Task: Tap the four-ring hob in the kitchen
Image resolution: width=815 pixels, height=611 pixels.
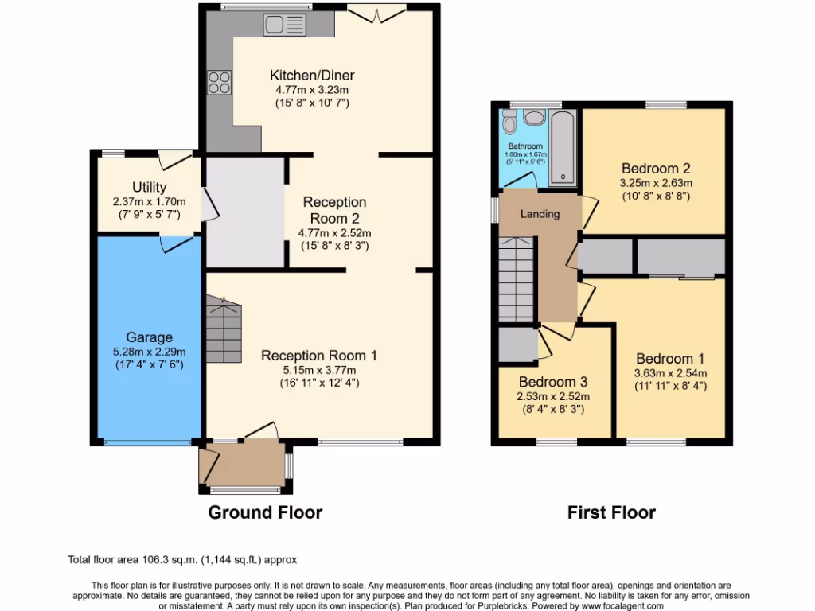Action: click(x=219, y=82)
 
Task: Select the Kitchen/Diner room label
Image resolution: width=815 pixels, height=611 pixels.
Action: click(x=312, y=76)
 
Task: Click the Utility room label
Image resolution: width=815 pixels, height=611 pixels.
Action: click(x=149, y=187)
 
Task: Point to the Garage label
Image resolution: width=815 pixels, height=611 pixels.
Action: click(x=148, y=337)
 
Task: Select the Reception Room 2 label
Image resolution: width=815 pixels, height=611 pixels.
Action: click(x=334, y=210)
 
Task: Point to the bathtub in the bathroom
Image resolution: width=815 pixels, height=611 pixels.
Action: click(x=563, y=147)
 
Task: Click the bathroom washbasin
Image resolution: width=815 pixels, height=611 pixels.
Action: click(x=534, y=119)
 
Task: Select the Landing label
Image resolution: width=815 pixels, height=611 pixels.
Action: click(x=540, y=213)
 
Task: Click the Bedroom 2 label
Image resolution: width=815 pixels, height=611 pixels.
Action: click(x=655, y=169)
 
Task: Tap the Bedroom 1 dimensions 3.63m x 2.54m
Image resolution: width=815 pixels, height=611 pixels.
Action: click(x=670, y=372)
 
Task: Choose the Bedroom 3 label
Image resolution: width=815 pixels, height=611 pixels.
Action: click(x=552, y=382)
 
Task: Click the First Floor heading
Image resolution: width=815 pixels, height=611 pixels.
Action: click(x=611, y=512)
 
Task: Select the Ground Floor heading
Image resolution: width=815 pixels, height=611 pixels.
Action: click(x=265, y=512)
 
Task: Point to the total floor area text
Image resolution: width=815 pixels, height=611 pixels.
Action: click(x=182, y=560)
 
